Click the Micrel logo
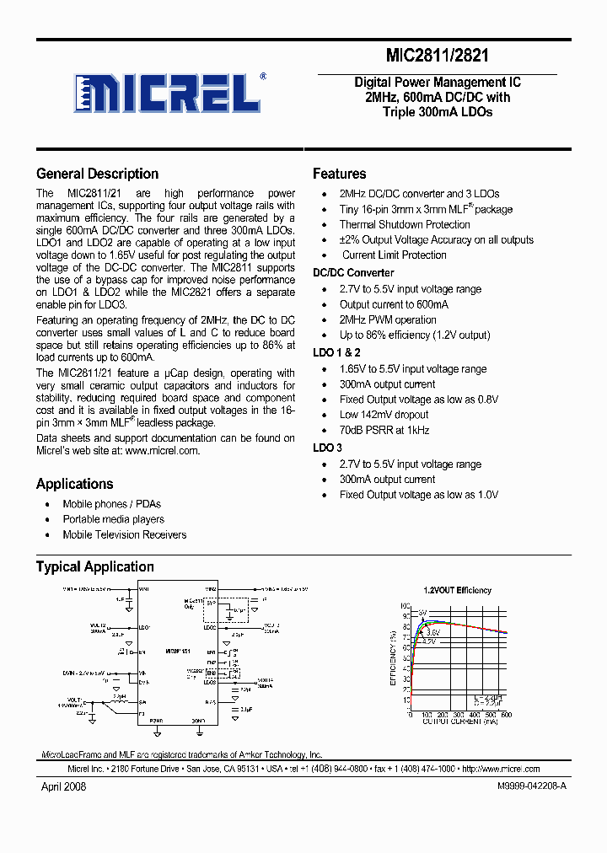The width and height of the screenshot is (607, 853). pos(169,93)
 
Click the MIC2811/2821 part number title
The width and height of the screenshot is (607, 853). pos(437,56)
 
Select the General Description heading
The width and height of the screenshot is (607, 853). pos(97,174)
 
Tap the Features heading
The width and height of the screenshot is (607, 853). pos(339,174)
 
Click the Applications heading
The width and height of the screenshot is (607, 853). pos(74,484)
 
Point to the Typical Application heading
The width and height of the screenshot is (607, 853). pos(94,566)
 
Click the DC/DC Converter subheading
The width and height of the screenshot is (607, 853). pos(353,273)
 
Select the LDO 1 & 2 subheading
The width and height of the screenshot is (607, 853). pos(336,353)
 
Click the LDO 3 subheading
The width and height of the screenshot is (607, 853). pos(327,448)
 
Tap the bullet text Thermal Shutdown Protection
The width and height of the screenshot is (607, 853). pos(405,225)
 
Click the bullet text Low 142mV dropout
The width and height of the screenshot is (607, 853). pos(384,415)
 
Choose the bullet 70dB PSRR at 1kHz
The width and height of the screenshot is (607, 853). pos(384,430)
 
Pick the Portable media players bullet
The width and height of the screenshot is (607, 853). pos(113,519)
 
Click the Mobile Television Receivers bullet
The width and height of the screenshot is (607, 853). pos(124,534)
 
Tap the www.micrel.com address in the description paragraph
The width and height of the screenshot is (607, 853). pos(162,451)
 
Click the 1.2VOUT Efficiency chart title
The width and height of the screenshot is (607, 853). pos(457,591)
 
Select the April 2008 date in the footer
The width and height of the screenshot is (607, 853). pos(63,786)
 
